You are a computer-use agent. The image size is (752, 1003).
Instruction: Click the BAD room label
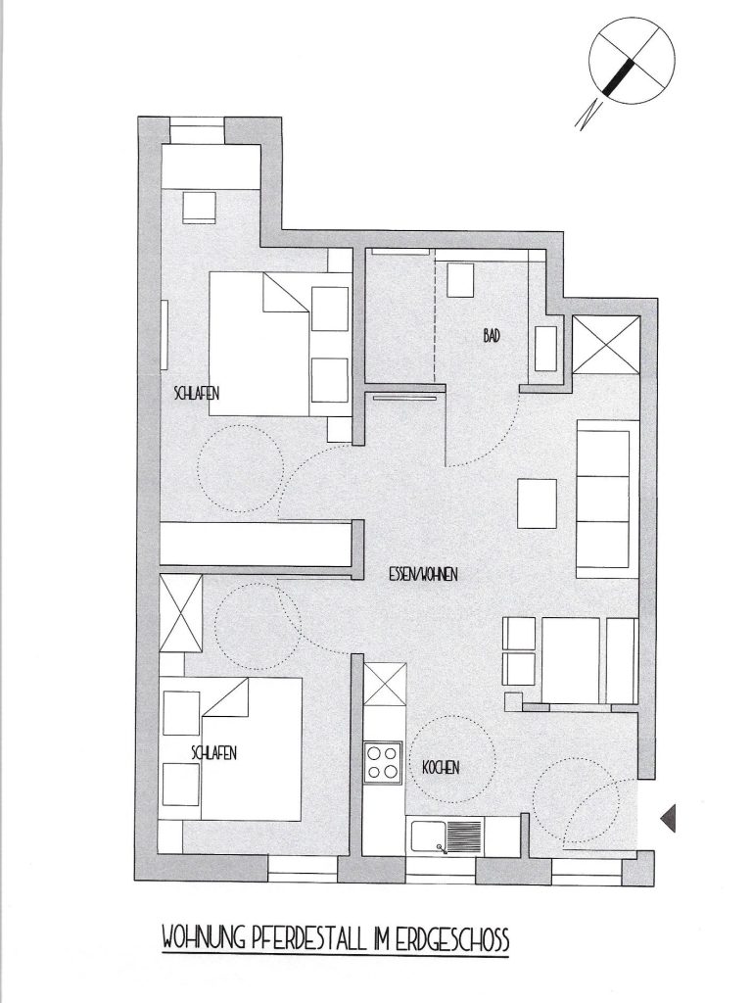coord(492,335)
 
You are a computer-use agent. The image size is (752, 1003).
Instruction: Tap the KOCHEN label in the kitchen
coord(441,767)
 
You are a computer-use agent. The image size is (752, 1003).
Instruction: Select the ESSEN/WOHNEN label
coord(423,574)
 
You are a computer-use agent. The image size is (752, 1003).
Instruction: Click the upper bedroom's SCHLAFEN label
coord(196,393)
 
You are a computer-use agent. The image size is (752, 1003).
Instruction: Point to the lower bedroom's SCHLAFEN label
coord(214,753)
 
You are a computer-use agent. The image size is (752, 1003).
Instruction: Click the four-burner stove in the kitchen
coord(383,762)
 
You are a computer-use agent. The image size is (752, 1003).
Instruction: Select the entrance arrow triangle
coord(668,818)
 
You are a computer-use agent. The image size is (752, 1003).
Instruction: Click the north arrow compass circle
coord(632,61)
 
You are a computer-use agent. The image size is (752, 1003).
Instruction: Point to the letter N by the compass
coord(588,116)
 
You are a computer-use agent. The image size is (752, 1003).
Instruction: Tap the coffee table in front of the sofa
coord(537,503)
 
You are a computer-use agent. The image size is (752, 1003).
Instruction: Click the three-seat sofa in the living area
coord(607,499)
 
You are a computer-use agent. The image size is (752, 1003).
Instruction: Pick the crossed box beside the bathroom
coord(605,344)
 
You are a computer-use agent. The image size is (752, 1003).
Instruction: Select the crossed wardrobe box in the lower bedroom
coord(181,613)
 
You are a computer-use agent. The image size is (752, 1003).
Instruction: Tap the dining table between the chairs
coord(571,659)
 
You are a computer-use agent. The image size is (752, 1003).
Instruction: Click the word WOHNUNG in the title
coord(204,940)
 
